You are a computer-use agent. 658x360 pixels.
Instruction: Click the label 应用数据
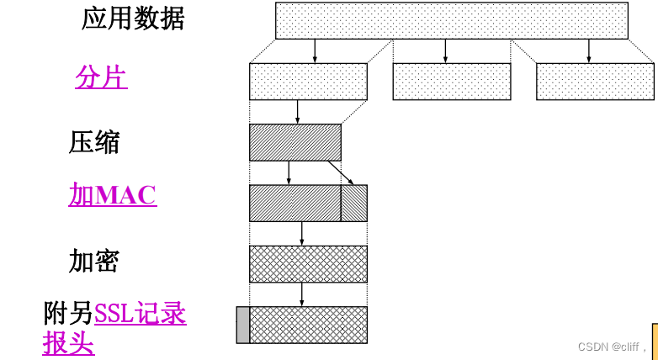pyautogui.click(x=133, y=19)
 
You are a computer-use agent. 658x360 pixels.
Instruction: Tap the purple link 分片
pyautogui.click(x=101, y=77)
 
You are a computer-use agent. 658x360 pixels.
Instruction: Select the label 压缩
pyautogui.click(x=94, y=142)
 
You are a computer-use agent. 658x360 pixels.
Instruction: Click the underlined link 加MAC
pyautogui.click(x=113, y=195)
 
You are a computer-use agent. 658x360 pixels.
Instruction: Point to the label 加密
pyautogui.click(x=94, y=261)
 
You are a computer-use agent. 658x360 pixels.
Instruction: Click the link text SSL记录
pyautogui.click(x=141, y=314)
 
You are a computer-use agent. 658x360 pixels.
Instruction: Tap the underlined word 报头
pyautogui.click(x=69, y=343)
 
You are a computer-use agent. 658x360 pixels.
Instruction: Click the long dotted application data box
pyautogui.click(x=451, y=20)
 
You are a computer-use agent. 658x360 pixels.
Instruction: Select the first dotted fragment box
pyautogui.click(x=308, y=82)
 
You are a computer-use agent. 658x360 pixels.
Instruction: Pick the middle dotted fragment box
pyautogui.click(x=451, y=82)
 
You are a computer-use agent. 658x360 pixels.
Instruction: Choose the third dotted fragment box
pyautogui.click(x=594, y=82)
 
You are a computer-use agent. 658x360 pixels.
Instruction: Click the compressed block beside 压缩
pyautogui.click(x=295, y=142)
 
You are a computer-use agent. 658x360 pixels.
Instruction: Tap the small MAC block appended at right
pyautogui.click(x=354, y=203)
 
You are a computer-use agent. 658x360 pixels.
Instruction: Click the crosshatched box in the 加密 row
pyautogui.click(x=308, y=263)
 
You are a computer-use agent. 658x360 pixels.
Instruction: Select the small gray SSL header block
pyautogui.click(x=243, y=325)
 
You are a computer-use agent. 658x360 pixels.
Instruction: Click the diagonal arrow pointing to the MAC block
pyautogui.click(x=341, y=172)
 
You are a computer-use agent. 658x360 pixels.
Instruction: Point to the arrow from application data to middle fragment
pyautogui.click(x=445, y=50)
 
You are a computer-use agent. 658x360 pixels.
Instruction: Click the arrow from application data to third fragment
pyautogui.click(x=588, y=50)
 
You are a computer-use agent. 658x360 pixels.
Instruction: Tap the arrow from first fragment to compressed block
pyautogui.click(x=297, y=112)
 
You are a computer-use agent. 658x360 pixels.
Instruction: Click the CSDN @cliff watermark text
pyautogui.click(x=608, y=346)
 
